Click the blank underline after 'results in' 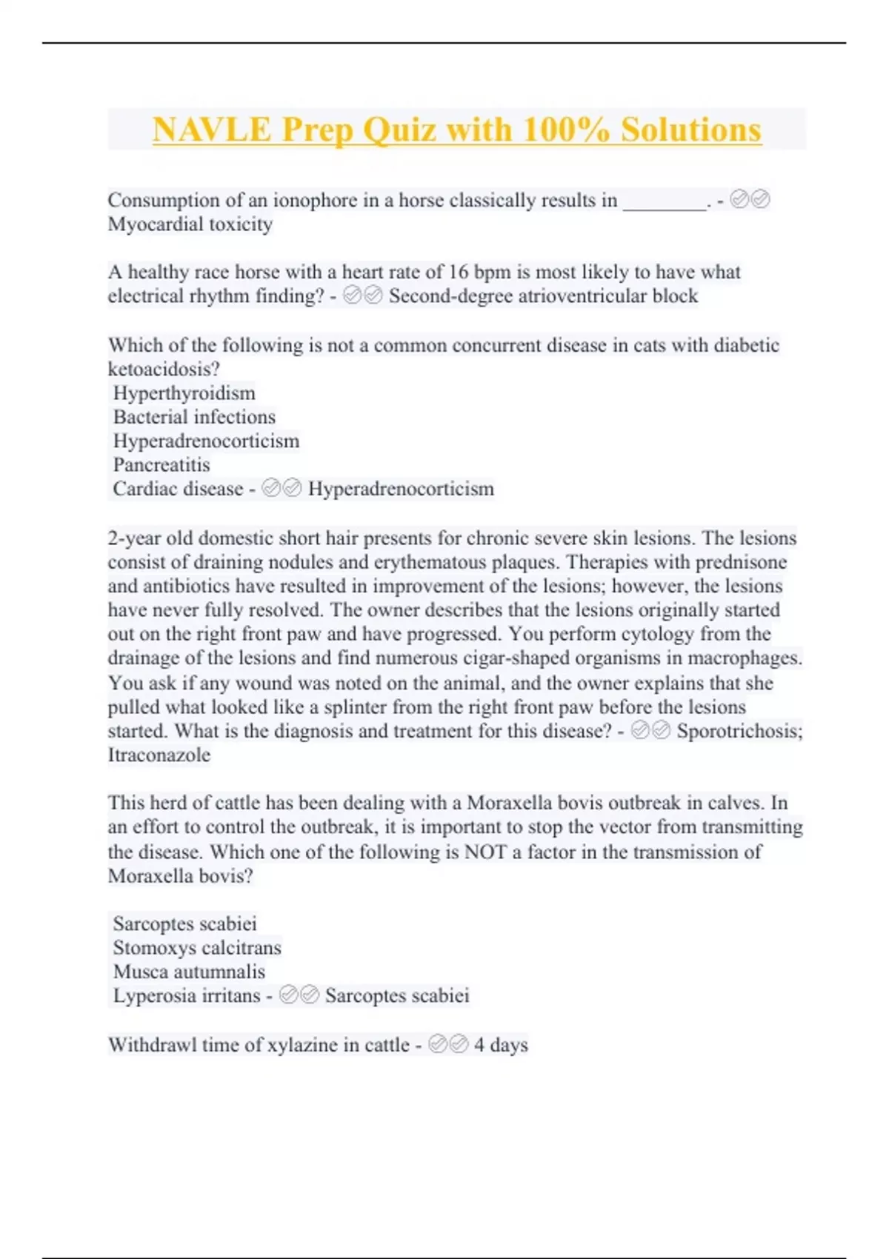pyautogui.click(x=665, y=201)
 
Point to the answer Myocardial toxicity pyautogui.click(x=190, y=224)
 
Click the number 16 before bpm pyautogui.click(x=459, y=272)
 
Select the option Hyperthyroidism pyautogui.click(x=184, y=393)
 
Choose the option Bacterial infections pyautogui.click(x=194, y=417)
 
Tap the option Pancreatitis pyautogui.click(x=162, y=465)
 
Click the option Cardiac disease pyautogui.click(x=178, y=489)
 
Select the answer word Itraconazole pyautogui.click(x=159, y=755)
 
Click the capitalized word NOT pyautogui.click(x=485, y=852)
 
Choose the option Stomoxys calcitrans pyautogui.click(x=197, y=948)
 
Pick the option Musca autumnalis pyautogui.click(x=189, y=972)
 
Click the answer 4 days pyautogui.click(x=501, y=1045)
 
